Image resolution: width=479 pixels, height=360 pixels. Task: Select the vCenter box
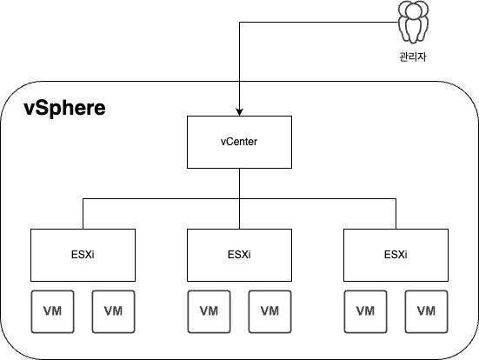pos(239,142)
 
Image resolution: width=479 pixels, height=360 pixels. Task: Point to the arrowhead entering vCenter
pos(239,112)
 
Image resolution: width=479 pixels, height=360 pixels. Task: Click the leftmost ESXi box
pos(83,254)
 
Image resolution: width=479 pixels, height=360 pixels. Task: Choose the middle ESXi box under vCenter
pos(239,254)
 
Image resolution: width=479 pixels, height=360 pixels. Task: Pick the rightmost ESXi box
pos(396,254)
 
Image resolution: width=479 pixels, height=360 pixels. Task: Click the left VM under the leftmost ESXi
pos(52,310)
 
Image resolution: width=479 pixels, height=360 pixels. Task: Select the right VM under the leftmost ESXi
pos(113,310)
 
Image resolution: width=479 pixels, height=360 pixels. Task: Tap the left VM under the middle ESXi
pos(209,310)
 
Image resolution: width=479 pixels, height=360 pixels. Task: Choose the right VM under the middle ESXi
pos(269,310)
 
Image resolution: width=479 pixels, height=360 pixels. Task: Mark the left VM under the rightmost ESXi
pos(365,310)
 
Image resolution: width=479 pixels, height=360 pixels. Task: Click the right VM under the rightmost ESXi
pos(426,310)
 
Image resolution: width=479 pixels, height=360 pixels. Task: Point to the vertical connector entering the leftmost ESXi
pos(83,214)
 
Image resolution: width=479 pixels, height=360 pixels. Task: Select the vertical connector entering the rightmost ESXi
pos(396,214)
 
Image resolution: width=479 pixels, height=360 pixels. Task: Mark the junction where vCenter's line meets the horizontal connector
pos(239,199)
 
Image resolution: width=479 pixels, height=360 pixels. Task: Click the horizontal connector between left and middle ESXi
pos(161,199)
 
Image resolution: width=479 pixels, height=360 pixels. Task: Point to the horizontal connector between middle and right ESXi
pos(317,199)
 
